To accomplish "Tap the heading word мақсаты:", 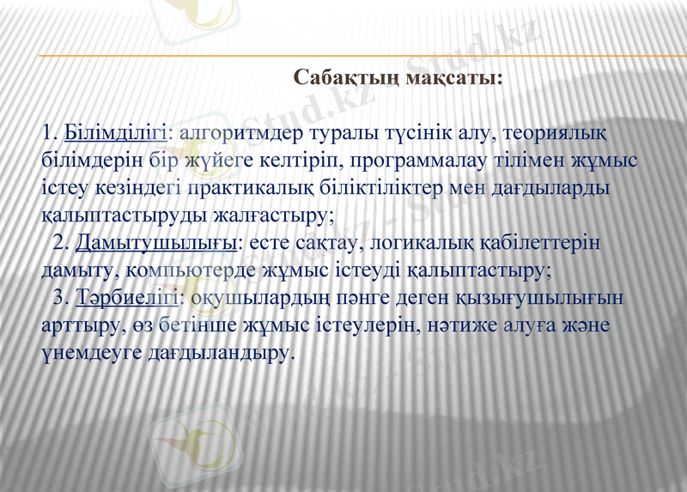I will tap(455, 78).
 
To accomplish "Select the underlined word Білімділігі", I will tap(116, 133).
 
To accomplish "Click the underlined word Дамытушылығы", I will tap(155, 243).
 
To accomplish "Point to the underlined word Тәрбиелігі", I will tap(126, 298).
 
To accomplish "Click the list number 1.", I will tap(47, 133).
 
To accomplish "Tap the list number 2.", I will tap(60, 243).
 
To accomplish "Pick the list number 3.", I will tap(60, 298).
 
